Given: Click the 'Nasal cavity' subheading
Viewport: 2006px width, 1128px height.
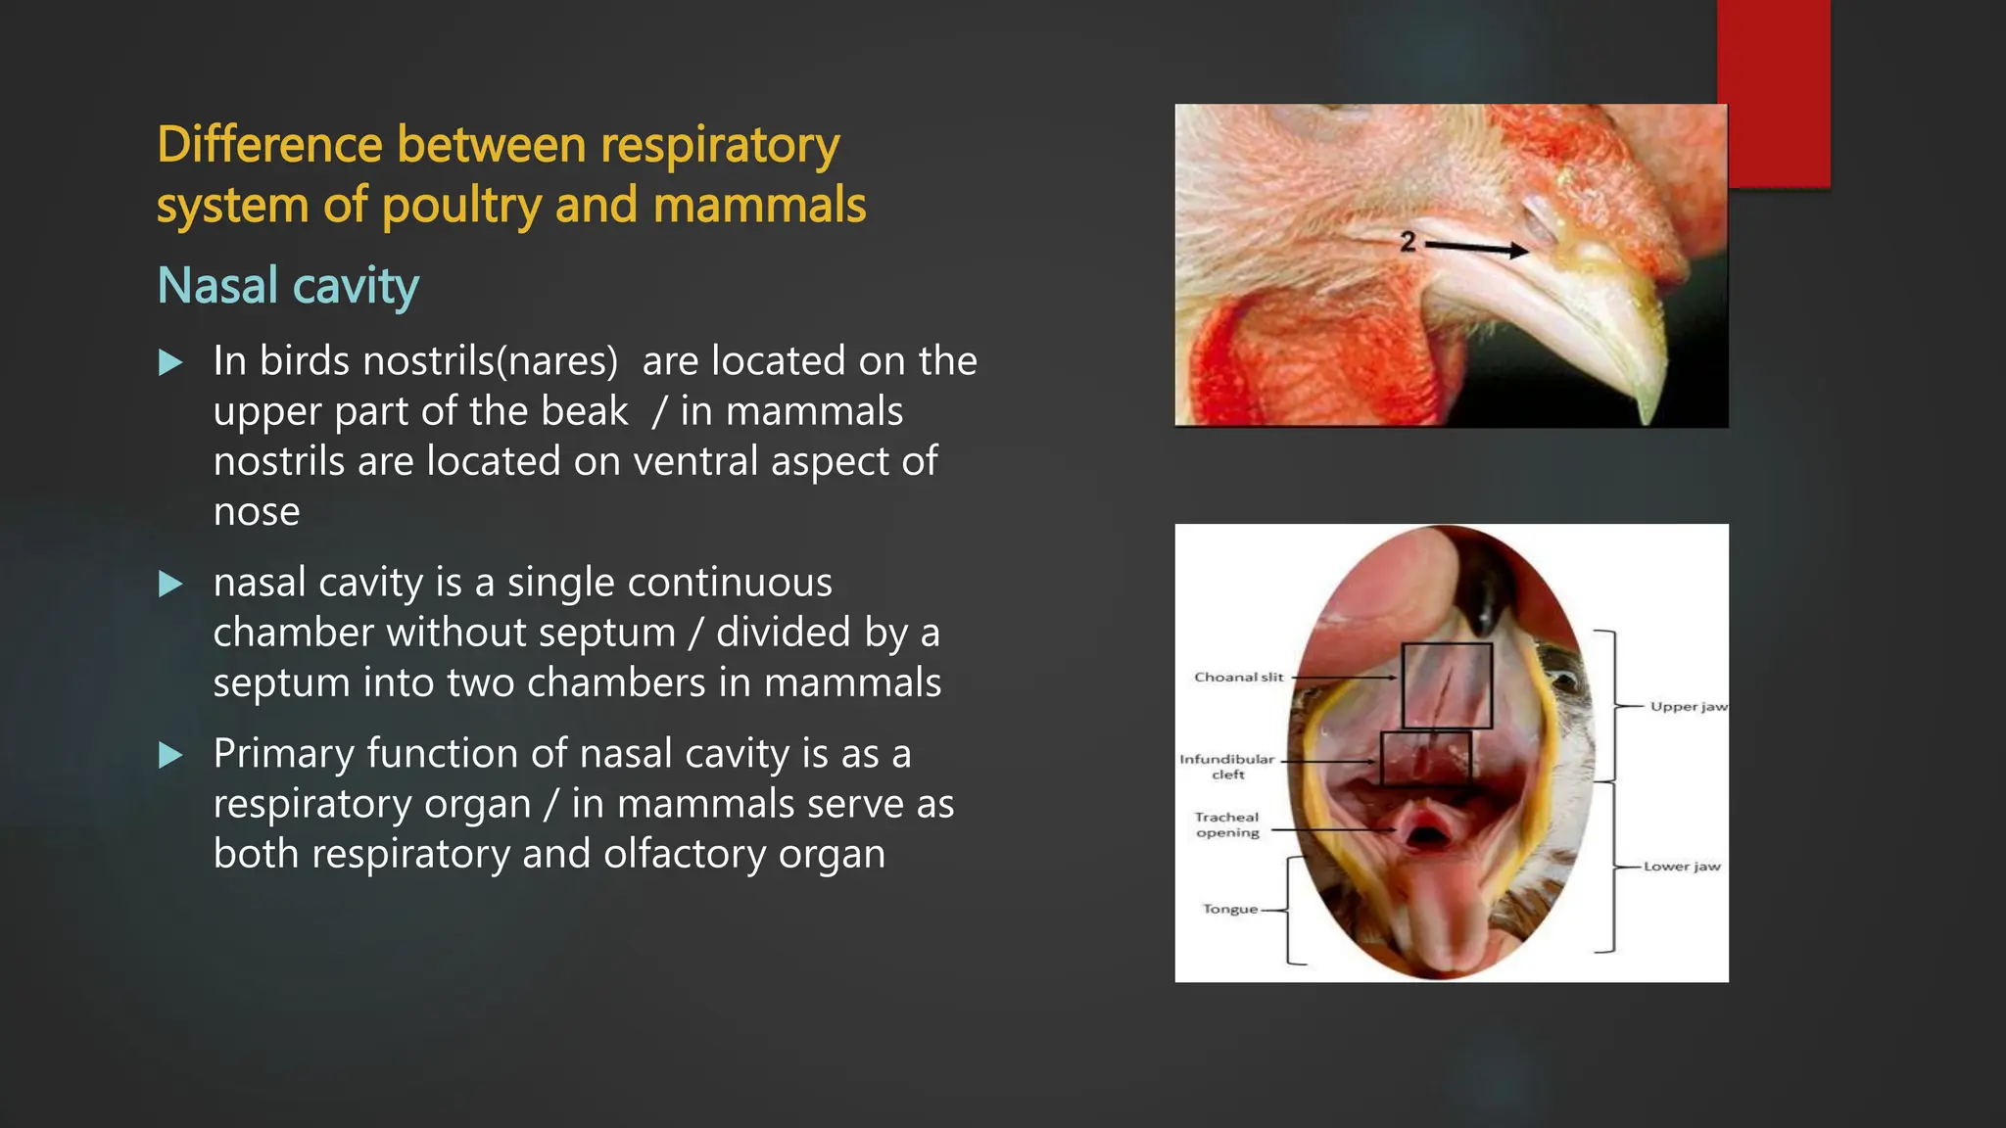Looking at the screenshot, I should (288, 286).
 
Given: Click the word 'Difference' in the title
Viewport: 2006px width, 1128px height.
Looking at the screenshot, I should (268, 145).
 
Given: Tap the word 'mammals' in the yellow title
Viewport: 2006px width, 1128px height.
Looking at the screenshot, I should (759, 206).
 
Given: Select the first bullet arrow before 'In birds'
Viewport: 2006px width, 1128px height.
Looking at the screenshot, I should (170, 363).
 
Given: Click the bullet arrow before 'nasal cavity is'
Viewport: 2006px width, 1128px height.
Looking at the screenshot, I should (170, 585).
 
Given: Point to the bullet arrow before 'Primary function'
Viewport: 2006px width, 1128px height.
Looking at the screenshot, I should (170, 755).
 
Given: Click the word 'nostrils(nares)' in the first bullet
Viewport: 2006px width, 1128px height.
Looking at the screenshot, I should (490, 361).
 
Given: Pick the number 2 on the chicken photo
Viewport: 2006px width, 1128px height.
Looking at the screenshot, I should (1408, 241).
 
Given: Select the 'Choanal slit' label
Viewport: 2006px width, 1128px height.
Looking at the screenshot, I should (1238, 677).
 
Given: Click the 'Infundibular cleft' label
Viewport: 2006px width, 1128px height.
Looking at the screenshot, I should (1226, 766).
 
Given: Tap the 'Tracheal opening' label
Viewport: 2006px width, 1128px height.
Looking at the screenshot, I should (1226, 824).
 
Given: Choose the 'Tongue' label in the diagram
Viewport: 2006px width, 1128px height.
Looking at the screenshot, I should (1229, 909).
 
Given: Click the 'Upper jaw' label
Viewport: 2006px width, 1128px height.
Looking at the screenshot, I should (1688, 706).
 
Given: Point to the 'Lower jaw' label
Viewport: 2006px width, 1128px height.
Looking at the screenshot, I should (1681, 866).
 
